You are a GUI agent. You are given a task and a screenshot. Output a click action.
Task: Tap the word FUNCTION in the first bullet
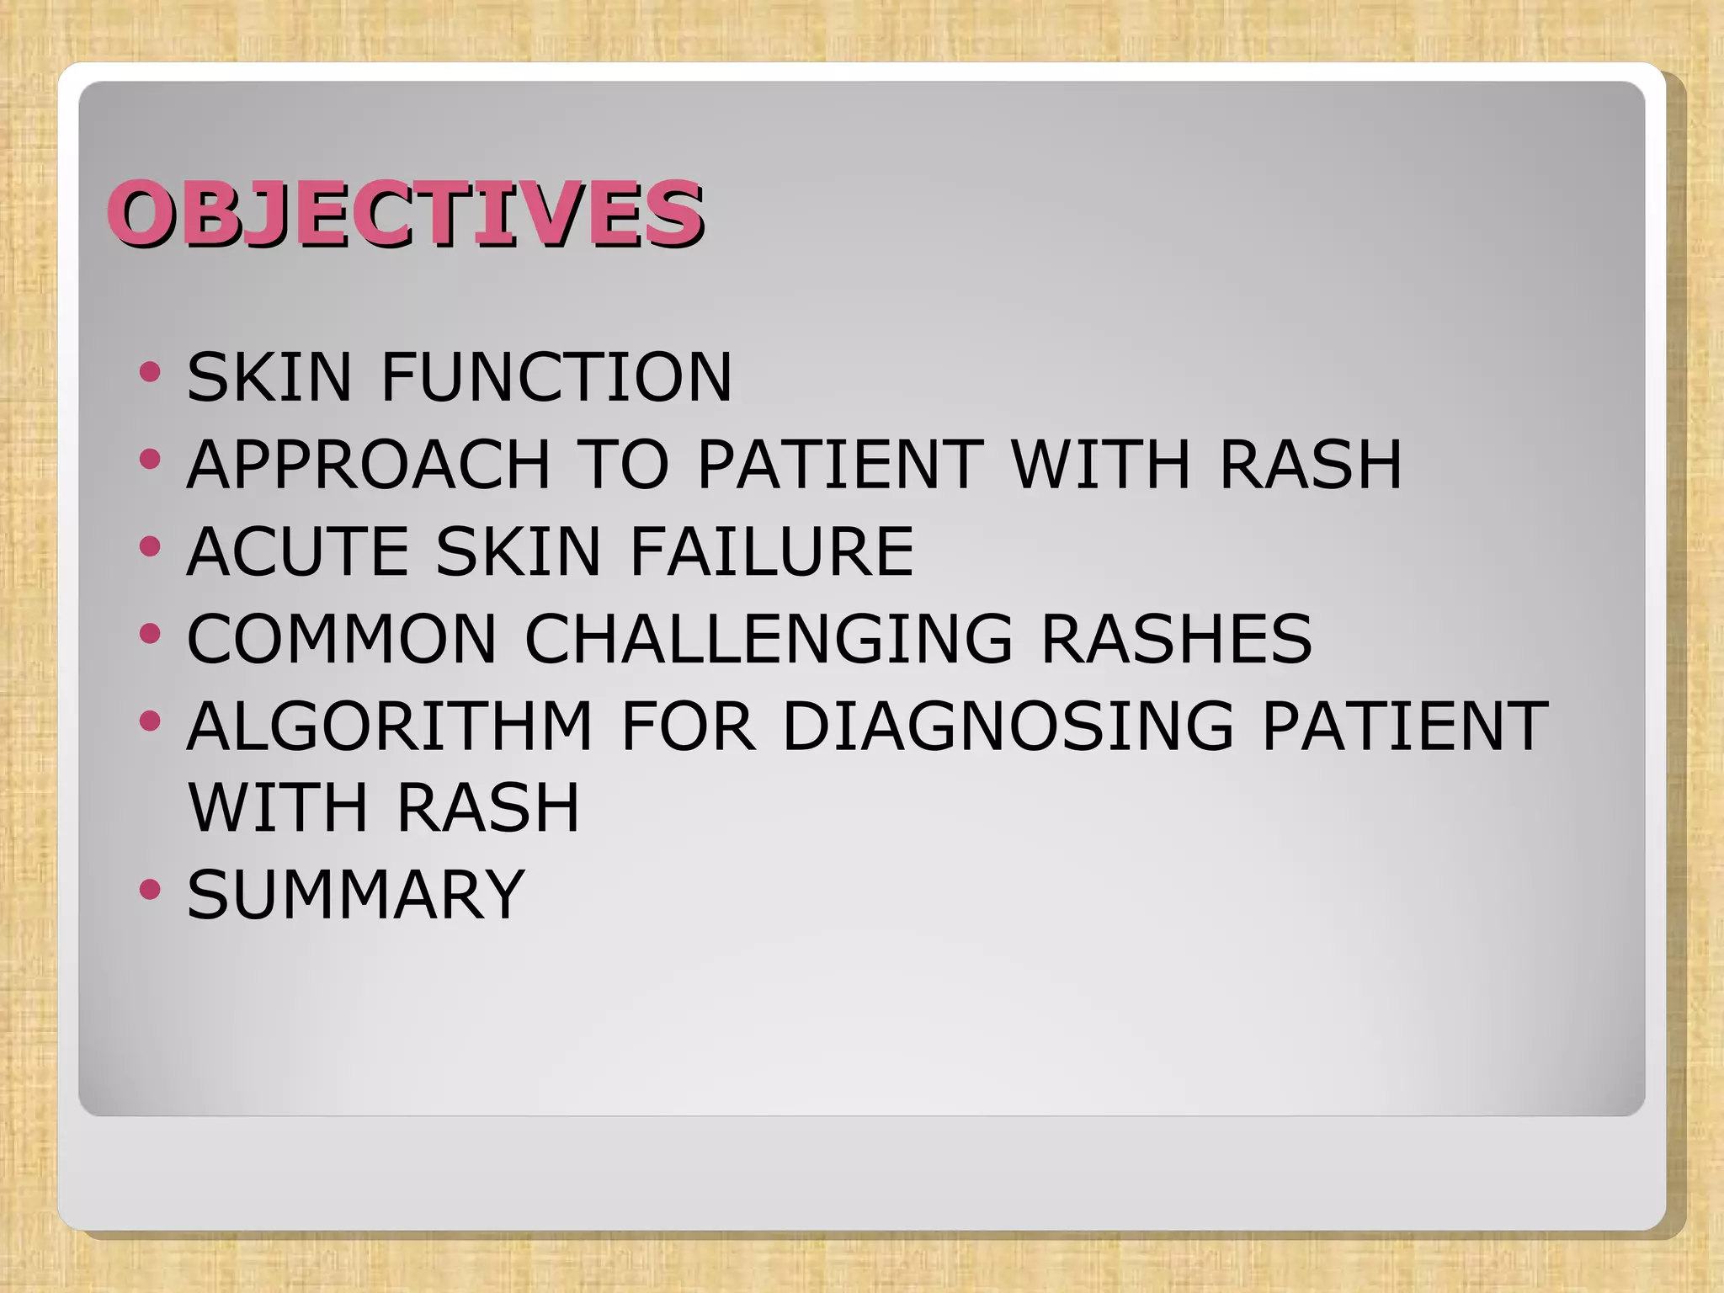[x=556, y=377]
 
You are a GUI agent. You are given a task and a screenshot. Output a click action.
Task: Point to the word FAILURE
[x=771, y=551]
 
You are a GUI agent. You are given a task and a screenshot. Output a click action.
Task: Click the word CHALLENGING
[x=769, y=638]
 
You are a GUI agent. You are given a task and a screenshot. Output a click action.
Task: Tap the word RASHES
[x=1176, y=638]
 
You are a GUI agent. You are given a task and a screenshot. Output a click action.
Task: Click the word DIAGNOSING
[x=1007, y=726]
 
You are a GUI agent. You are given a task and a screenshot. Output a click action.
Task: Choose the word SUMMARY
[x=356, y=894]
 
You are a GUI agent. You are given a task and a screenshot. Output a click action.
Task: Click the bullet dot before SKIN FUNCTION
[x=150, y=371]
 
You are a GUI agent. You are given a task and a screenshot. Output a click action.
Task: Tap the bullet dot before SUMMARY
[x=150, y=888]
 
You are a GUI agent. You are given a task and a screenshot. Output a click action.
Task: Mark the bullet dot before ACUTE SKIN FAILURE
[x=150, y=546]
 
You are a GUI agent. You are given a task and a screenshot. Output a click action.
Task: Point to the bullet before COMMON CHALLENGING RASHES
[x=150, y=633]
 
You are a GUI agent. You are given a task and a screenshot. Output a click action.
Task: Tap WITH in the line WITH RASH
[x=279, y=807]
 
